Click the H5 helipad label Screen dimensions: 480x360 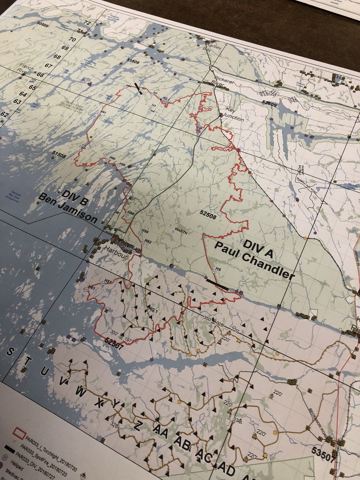tap(218, 269)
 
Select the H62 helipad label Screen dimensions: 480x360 tap(148, 241)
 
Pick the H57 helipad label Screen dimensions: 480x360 tap(108, 281)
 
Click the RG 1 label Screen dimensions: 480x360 tap(152, 310)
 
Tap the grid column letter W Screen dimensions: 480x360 tap(80, 392)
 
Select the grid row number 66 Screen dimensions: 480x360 tap(40, 74)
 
